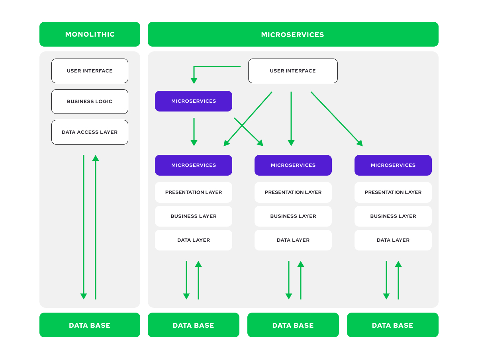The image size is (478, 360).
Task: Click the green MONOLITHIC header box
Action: [90, 34]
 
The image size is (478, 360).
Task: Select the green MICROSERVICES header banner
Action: [293, 34]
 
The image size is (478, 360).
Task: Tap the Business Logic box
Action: [90, 102]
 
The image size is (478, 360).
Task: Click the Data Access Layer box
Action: [90, 132]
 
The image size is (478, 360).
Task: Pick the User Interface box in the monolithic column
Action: [90, 71]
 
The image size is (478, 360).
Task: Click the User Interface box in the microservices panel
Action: [293, 71]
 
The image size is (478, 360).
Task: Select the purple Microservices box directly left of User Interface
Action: [193, 101]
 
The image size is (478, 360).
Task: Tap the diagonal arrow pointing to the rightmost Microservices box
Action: [337, 119]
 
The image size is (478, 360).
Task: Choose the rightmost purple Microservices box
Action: [393, 165]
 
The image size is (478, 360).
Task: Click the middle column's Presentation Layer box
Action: [293, 192]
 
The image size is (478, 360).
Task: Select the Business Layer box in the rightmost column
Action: [393, 216]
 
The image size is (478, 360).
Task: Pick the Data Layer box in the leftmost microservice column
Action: [193, 240]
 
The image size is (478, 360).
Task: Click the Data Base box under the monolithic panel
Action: [90, 325]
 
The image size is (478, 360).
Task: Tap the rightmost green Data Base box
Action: [392, 325]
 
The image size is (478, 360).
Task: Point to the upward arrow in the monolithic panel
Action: [96, 227]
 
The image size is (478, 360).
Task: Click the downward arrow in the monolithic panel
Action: [84, 227]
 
